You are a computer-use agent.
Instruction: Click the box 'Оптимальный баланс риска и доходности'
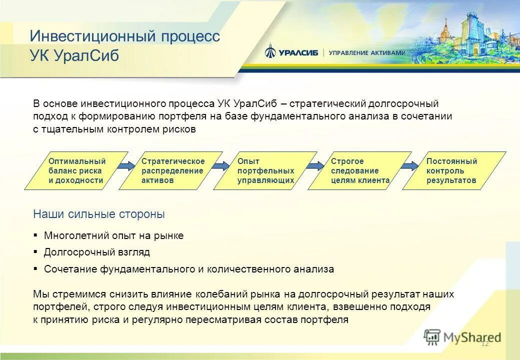click(x=76, y=170)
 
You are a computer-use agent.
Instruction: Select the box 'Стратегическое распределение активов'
click(x=171, y=170)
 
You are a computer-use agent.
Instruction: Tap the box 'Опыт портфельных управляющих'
click(x=265, y=170)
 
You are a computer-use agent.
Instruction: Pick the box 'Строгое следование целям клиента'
click(x=359, y=170)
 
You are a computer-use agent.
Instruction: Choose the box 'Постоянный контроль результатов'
click(x=454, y=170)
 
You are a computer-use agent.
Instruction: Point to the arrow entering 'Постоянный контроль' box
click(x=410, y=166)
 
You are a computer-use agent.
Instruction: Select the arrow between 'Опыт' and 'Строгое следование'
click(x=316, y=166)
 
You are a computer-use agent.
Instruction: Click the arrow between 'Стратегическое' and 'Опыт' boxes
click(x=221, y=166)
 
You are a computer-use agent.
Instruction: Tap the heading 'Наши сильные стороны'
click(x=99, y=214)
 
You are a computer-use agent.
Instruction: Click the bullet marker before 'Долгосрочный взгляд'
click(x=35, y=252)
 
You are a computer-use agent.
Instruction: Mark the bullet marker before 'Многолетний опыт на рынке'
click(x=35, y=235)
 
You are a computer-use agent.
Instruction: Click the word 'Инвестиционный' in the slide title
click(x=93, y=36)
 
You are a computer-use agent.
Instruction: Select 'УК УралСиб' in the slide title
click(x=74, y=55)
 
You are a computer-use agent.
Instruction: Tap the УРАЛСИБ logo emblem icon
click(x=270, y=51)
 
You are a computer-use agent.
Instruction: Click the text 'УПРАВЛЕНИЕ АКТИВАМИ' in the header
click(x=367, y=53)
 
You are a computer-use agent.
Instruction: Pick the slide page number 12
click(x=484, y=343)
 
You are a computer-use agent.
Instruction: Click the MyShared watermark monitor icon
click(x=432, y=337)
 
